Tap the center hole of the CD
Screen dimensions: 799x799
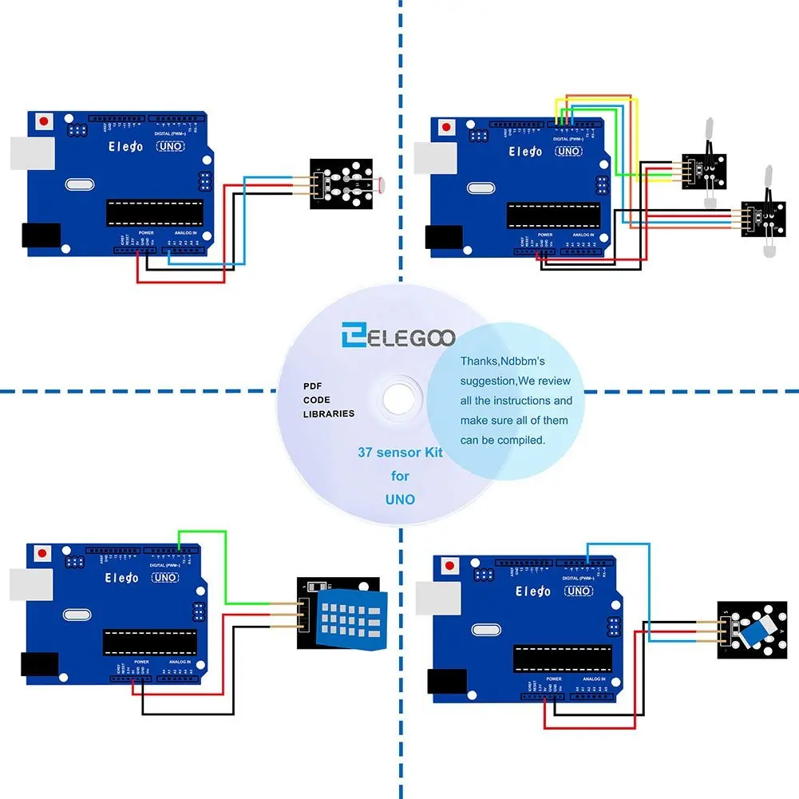point(397,397)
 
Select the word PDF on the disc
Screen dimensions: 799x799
point(311,386)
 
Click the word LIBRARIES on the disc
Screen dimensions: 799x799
point(329,414)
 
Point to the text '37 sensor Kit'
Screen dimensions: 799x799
point(400,453)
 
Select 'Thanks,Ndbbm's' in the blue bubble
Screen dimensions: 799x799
point(502,362)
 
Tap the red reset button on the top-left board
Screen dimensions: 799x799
point(44,123)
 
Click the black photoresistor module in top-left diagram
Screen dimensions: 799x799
point(341,183)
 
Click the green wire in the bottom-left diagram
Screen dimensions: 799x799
point(225,567)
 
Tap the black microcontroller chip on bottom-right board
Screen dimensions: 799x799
point(562,657)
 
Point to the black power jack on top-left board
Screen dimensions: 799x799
point(40,234)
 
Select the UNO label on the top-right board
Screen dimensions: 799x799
point(568,151)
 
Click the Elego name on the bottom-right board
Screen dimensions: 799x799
point(532,591)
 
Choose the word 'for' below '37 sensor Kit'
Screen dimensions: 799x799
point(400,476)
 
